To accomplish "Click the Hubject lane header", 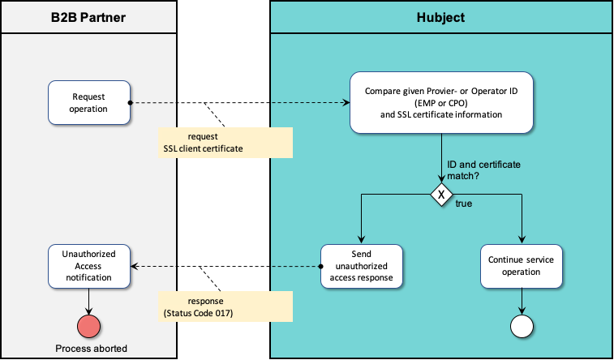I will pos(441,17).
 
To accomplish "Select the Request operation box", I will pos(88,102).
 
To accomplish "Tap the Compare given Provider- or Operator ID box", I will pos(441,102).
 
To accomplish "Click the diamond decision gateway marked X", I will pos(441,195).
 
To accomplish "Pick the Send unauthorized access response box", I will pos(360,266).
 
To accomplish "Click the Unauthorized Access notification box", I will pos(88,266).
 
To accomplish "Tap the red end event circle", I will pos(88,326).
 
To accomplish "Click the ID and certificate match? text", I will pos(483,169).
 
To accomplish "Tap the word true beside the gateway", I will pos(464,204).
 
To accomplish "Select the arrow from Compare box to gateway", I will pos(441,158).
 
